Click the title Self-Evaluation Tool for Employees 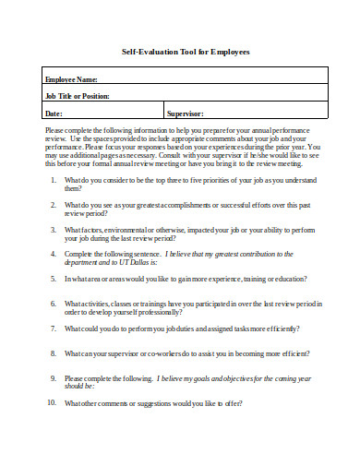186,52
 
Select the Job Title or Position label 78,96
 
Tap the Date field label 54,114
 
